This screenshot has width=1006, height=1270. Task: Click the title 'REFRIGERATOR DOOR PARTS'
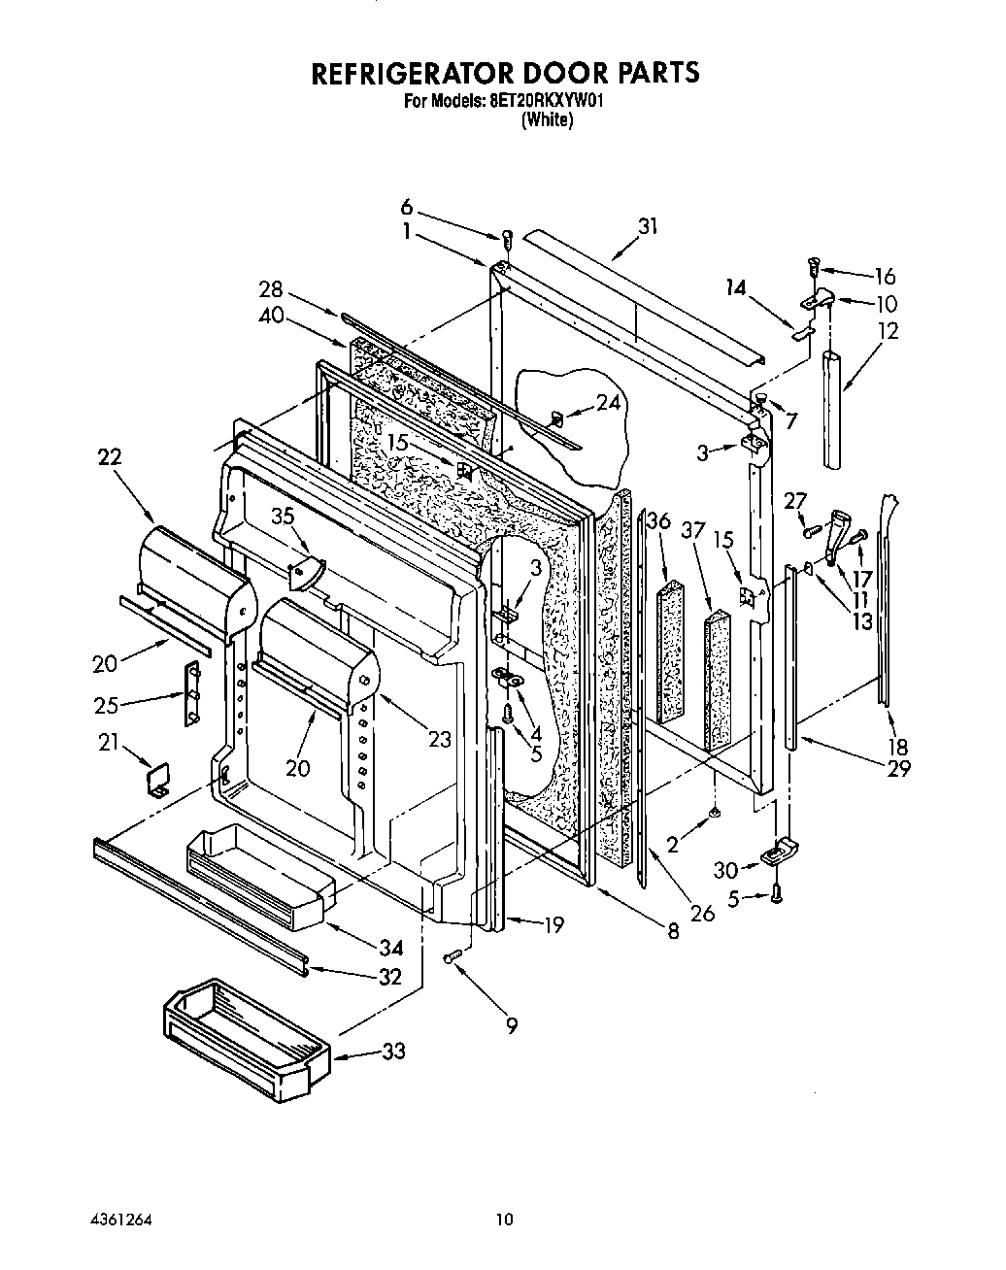tap(504, 73)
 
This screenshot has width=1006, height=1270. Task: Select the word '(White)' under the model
tap(548, 120)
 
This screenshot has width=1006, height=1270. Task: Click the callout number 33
tap(393, 1051)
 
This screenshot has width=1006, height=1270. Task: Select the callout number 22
tap(110, 456)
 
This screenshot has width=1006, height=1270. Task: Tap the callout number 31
tap(648, 226)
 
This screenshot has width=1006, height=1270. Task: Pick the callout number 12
tap(887, 330)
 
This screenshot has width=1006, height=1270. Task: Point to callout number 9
tap(511, 1023)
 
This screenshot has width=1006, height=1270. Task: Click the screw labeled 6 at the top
tap(507, 239)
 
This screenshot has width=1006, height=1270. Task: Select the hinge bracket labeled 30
tap(780, 853)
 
